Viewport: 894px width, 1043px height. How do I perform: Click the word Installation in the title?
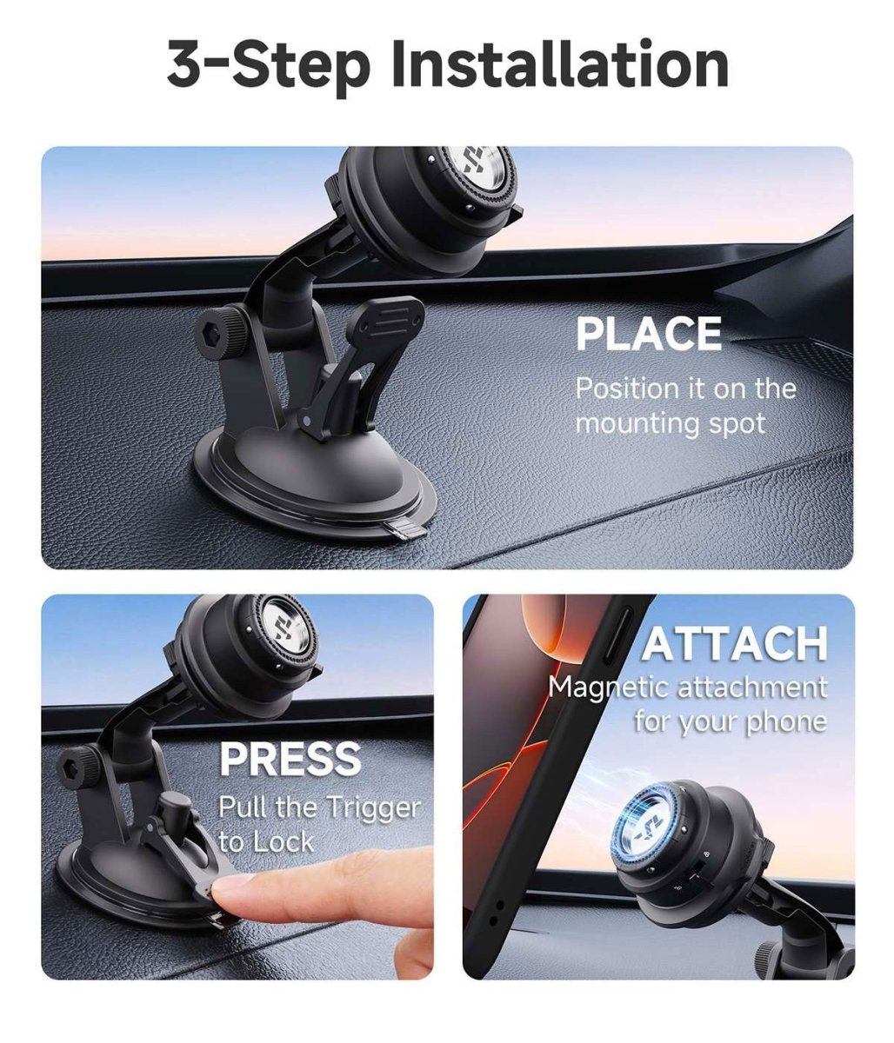(560, 64)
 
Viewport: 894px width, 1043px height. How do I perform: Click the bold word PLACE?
(649, 334)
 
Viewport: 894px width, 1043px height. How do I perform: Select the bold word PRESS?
(290, 759)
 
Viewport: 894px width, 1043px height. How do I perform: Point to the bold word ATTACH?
(735, 643)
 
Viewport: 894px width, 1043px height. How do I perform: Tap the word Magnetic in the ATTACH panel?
(610, 688)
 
